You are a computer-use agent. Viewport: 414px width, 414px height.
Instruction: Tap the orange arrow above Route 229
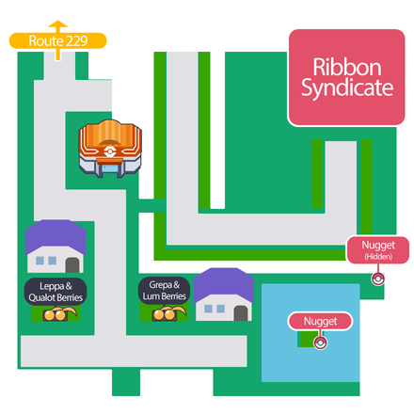(x=58, y=25)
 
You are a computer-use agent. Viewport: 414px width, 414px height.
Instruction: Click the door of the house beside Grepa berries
(x=241, y=310)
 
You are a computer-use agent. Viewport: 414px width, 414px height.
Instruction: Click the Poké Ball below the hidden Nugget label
(x=377, y=278)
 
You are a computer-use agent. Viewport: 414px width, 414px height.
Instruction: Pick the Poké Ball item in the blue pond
(x=320, y=340)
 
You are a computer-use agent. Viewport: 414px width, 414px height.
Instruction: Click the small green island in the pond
(x=307, y=339)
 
